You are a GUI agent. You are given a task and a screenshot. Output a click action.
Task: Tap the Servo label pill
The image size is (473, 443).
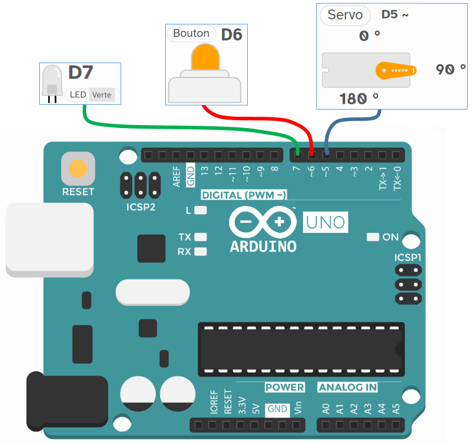345,15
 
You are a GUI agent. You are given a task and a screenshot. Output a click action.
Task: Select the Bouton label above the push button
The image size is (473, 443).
191,33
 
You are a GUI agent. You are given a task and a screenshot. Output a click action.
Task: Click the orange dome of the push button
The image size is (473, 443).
205,58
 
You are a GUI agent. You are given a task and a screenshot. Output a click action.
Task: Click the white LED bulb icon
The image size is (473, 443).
52,80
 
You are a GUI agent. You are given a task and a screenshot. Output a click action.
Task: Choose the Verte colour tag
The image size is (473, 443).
102,95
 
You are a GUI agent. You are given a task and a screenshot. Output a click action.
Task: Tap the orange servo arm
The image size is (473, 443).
392,70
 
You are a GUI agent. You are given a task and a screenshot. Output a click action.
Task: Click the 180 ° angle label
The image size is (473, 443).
358,98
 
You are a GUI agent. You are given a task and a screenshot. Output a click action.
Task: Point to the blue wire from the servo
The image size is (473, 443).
351,117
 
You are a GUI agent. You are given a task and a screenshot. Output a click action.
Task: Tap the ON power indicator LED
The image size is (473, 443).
373,237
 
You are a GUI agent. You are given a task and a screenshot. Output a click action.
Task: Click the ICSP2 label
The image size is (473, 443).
140,207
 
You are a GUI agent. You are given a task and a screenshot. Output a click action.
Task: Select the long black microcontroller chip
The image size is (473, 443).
301,348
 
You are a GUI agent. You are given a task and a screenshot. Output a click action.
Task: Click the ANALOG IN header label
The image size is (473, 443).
348,388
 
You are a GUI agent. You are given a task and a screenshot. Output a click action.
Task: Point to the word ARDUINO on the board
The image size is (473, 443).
263,246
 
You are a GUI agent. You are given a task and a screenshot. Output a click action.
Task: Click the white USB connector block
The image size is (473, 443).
49,238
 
